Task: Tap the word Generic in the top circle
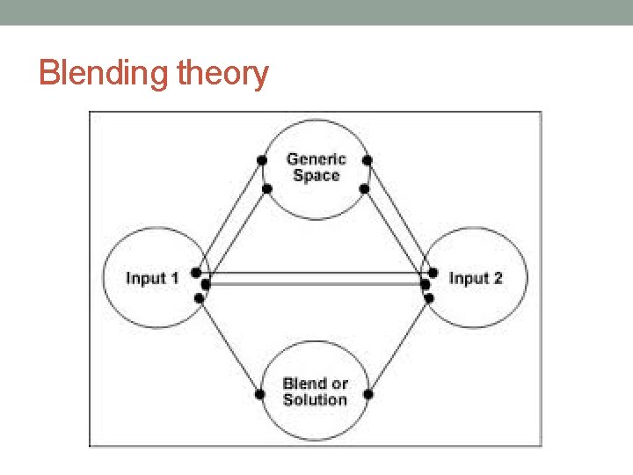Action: click(316, 159)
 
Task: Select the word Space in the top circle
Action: click(316, 175)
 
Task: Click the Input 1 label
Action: click(152, 278)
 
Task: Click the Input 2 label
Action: click(476, 278)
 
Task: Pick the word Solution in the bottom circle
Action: click(316, 399)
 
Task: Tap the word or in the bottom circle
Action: click(338, 384)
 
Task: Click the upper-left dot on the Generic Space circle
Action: click(261, 160)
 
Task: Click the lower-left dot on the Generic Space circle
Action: click(266, 187)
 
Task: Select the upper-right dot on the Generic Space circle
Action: click(367, 160)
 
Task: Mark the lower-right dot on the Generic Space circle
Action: click(363, 187)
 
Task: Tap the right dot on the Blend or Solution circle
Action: click(368, 394)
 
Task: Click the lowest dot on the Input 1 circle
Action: click(200, 298)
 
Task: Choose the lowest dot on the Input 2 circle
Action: click(430, 298)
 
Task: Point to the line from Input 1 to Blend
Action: click(230, 347)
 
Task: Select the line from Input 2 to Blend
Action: click(399, 347)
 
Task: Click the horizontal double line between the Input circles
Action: click(316, 279)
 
